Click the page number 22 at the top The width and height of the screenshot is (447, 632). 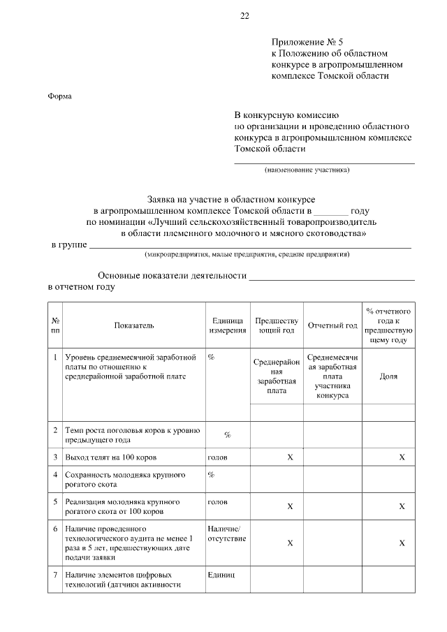[244, 15]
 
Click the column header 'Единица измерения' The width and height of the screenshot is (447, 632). [226, 325]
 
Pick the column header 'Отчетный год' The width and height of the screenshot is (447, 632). [332, 325]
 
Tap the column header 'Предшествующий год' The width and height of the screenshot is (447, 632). [276, 325]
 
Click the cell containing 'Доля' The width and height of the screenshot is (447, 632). [388, 376]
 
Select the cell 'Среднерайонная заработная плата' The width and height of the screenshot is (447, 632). [276, 376]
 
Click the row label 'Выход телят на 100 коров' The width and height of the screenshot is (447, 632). [110, 457]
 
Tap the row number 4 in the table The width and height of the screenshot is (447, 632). [55, 475]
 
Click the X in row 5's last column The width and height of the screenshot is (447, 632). [402, 506]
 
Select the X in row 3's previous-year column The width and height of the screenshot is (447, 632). [290, 457]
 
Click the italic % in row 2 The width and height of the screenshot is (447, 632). [227, 435]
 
